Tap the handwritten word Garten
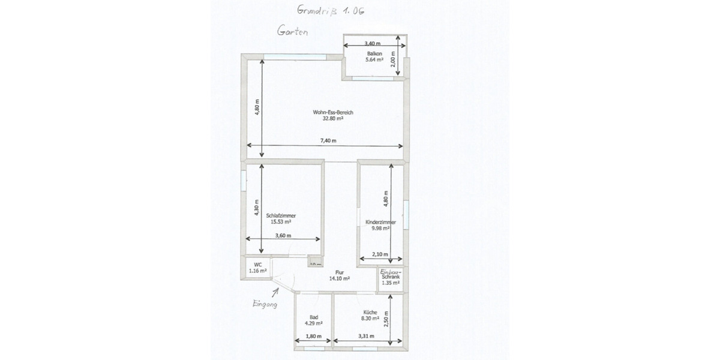click(x=292, y=31)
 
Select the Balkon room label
click(x=375, y=53)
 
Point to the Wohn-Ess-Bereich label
click(x=328, y=112)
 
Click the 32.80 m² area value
click(x=332, y=119)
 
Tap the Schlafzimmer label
click(x=281, y=215)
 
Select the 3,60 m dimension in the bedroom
click(x=283, y=236)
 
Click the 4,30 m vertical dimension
click(x=256, y=207)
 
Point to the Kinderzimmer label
click(x=380, y=222)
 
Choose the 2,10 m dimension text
click(x=380, y=254)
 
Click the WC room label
click(x=257, y=264)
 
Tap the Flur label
click(x=339, y=272)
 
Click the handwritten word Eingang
click(x=264, y=304)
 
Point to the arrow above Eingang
click(x=276, y=292)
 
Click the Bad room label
click(x=313, y=317)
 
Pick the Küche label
click(x=370, y=312)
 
